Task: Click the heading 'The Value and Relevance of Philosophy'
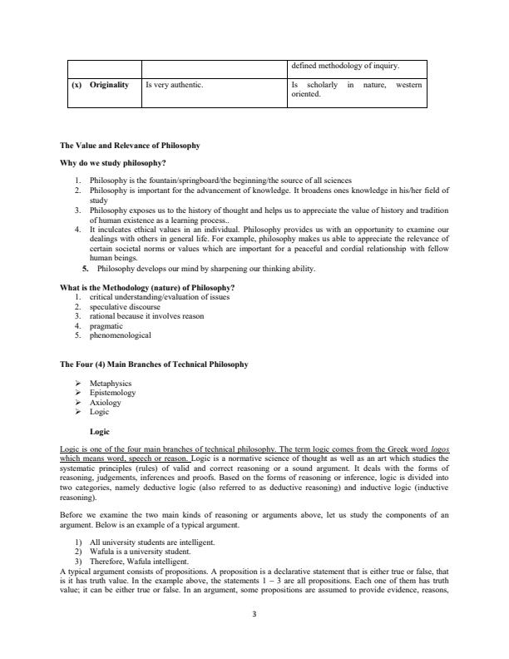(129, 146)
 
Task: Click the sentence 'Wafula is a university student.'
(141, 552)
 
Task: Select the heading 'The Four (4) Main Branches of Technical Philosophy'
(154, 364)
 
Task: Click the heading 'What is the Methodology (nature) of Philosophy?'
(141, 288)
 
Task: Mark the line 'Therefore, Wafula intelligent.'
(140, 561)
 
